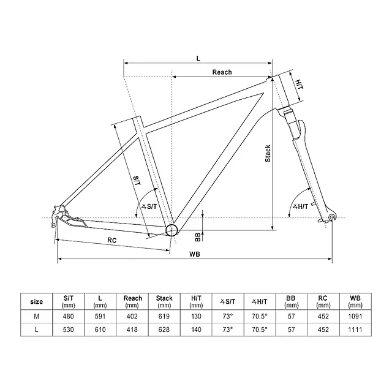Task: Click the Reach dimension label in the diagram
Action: [222, 72]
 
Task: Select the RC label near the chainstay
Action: [112, 240]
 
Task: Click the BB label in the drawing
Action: [190, 236]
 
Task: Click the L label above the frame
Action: [198, 58]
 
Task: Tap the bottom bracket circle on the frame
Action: [172, 230]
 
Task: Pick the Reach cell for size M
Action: [132, 316]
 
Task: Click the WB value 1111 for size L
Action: [355, 330]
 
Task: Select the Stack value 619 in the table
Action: [164, 316]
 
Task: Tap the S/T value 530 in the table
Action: [68, 330]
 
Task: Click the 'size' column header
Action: [36, 301]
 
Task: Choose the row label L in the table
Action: [36, 330]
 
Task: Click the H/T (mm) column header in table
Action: [196, 301]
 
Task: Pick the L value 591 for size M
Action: [100, 316]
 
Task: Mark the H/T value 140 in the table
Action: [196, 330]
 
